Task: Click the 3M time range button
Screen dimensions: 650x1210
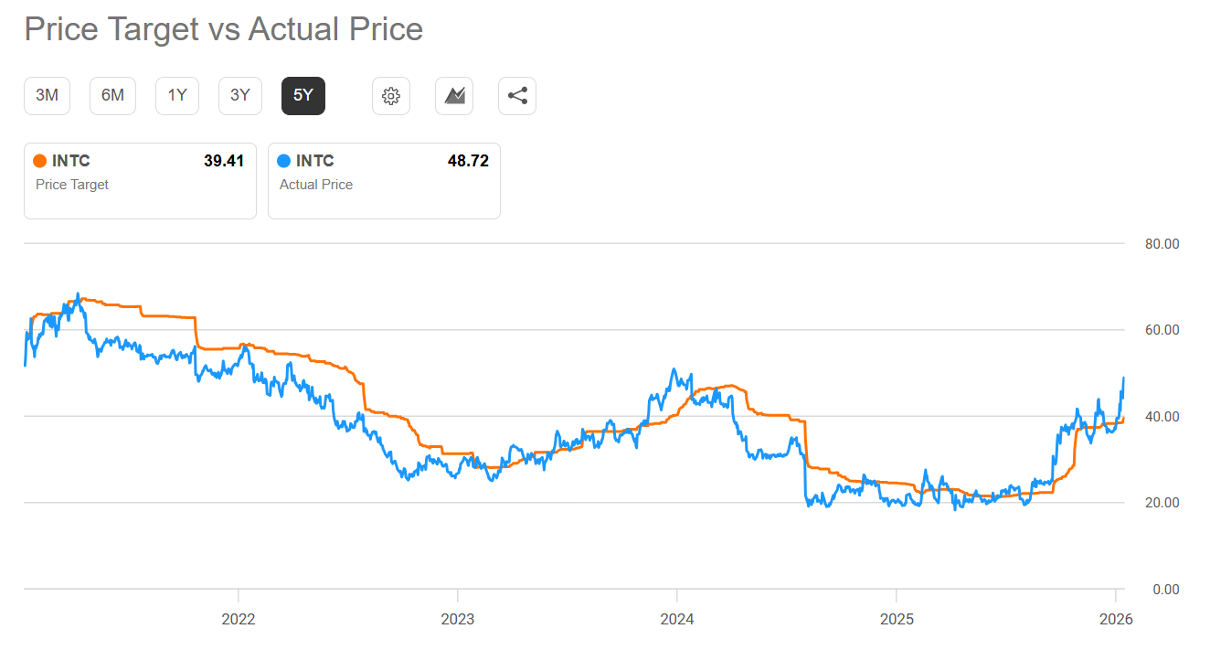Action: [x=47, y=95]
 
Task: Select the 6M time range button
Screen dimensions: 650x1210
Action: [x=112, y=95]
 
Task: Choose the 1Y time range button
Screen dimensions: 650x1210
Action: [x=177, y=95]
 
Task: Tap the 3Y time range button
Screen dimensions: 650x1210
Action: [x=240, y=95]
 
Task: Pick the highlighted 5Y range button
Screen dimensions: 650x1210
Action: [x=303, y=95]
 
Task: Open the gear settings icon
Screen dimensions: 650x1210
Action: [x=391, y=96]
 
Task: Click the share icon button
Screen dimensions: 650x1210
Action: [x=517, y=96]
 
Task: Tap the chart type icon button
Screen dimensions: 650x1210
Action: [x=454, y=96]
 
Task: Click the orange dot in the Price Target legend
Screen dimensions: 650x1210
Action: [x=39, y=162]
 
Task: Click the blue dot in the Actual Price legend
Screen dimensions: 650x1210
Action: [x=283, y=162]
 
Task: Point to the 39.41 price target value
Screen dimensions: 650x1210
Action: [x=224, y=161]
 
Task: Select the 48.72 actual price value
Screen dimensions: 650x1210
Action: [x=468, y=161]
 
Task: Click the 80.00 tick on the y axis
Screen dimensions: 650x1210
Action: [x=1162, y=244]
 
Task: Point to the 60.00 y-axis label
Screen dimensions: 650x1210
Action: [x=1162, y=330]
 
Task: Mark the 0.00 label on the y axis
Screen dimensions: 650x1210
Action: [x=1166, y=589]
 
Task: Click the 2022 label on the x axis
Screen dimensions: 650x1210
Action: [x=239, y=619]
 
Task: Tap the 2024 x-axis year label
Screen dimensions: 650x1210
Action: [x=677, y=619]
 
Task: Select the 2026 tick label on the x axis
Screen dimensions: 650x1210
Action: [x=1116, y=619]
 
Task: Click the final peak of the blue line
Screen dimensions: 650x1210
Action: [x=1123, y=378]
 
